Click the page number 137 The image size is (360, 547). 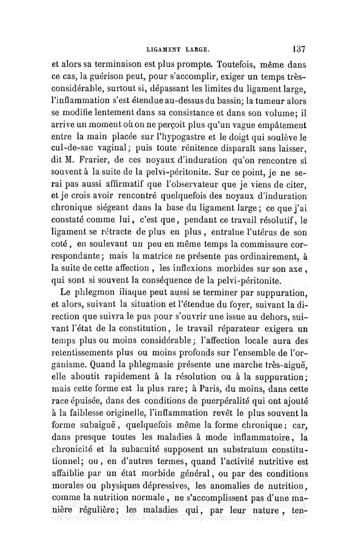tap(299, 48)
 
